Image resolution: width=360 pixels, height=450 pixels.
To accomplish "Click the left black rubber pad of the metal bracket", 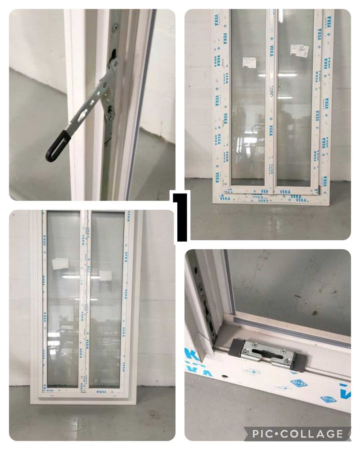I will [236, 347].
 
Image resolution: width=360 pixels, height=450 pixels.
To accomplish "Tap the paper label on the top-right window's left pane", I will [249, 62].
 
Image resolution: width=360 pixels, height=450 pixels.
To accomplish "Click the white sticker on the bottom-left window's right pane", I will [106, 274].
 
